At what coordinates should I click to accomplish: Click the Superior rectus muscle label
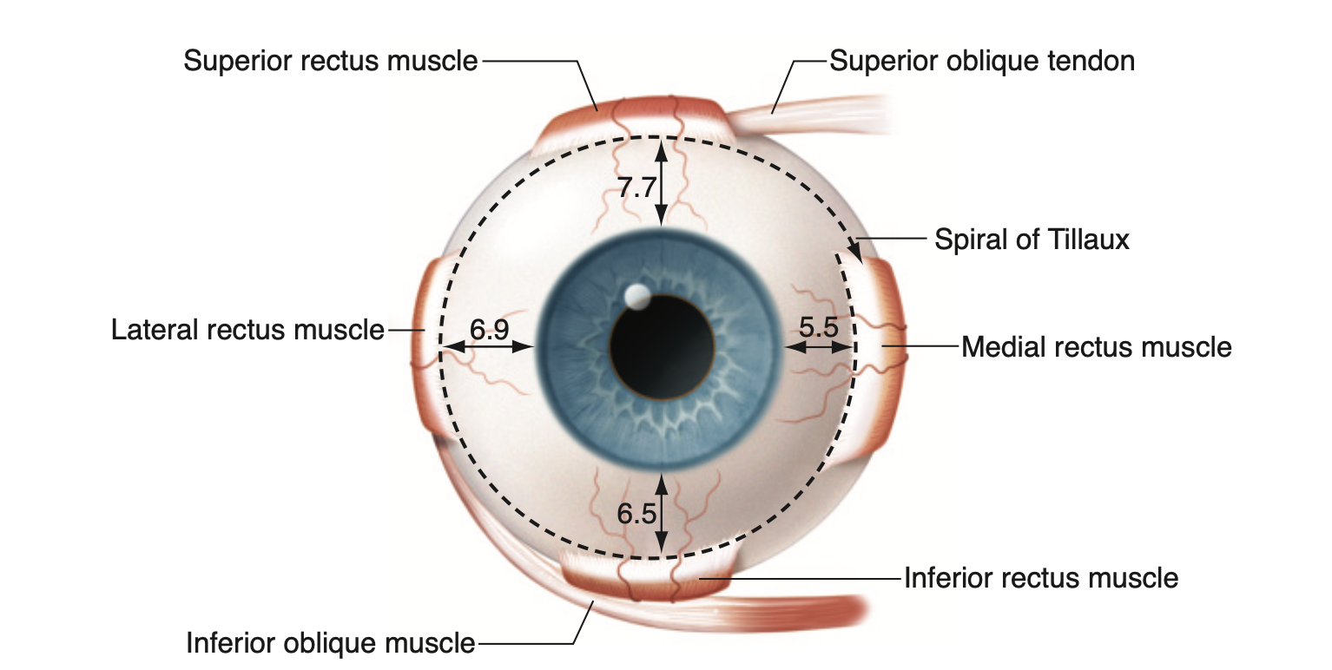point(330,62)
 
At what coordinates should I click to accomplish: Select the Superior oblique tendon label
point(982,61)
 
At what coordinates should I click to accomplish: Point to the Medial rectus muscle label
point(1097,347)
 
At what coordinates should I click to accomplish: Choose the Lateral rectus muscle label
point(247,330)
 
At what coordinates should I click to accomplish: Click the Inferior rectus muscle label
point(1041,577)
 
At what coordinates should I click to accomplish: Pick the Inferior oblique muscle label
point(331,643)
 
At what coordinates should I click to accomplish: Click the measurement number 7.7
point(636,188)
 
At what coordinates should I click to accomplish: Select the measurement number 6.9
point(489,329)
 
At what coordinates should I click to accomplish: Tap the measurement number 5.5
point(818,328)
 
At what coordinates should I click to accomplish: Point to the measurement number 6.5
point(636,514)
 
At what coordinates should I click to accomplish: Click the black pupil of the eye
point(663,346)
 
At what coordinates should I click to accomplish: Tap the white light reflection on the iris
point(636,297)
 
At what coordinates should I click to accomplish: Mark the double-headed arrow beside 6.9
point(488,346)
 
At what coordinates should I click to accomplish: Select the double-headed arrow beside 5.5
point(819,346)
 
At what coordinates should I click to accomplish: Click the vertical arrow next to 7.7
point(662,182)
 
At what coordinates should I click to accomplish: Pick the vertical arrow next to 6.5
point(662,513)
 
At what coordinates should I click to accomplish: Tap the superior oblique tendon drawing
point(808,106)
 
